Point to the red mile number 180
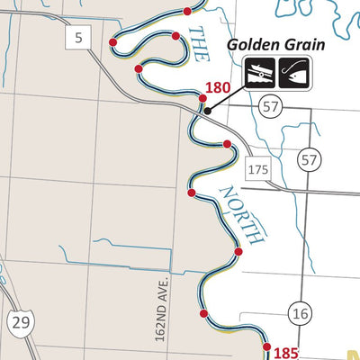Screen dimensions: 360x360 [x=219, y=88]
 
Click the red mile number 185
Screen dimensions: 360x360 [x=284, y=354]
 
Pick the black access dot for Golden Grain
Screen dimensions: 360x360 [x=207, y=111]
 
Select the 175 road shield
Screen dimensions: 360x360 [x=256, y=168]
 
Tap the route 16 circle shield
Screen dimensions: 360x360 [x=301, y=312]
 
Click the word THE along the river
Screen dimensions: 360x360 [x=197, y=44]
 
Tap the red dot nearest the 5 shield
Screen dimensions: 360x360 [x=112, y=42]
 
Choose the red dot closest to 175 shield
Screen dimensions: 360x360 [x=227, y=144]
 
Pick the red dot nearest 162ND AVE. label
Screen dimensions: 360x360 [x=203, y=313]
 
